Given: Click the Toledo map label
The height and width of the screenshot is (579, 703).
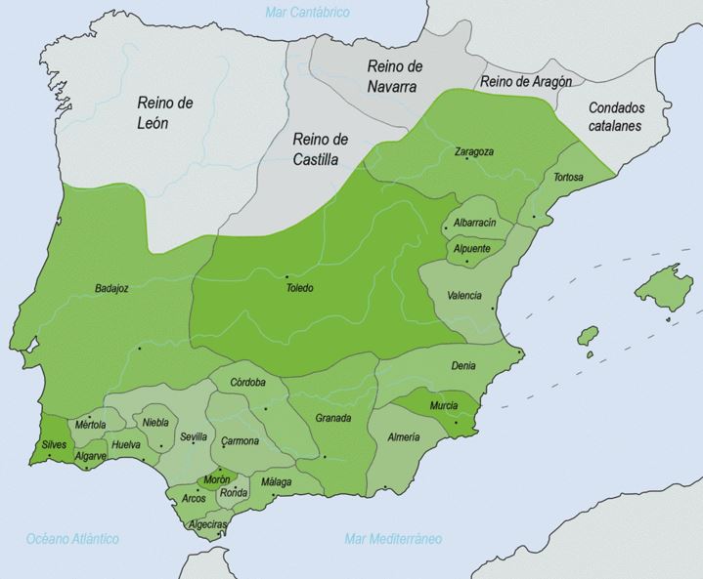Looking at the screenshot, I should click(x=301, y=288).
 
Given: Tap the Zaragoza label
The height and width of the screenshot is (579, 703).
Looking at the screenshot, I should click(x=473, y=152).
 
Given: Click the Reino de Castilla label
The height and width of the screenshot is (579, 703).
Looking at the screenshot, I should click(x=321, y=150).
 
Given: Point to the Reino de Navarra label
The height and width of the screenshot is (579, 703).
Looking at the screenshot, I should click(x=392, y=76).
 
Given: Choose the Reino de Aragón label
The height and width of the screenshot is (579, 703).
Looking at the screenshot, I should click(x=526, y=82).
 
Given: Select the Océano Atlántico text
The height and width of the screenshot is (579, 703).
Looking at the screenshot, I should click(x=73, y=539).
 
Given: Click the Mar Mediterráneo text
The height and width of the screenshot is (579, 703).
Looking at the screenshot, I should click(x=393, y=539).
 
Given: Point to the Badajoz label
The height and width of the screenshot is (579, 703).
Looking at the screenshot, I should click(x=113, y=288).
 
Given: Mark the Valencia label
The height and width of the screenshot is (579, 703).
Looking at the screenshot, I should click(x=463, y=295).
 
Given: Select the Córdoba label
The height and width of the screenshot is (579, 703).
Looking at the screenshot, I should click(x=248, y=382).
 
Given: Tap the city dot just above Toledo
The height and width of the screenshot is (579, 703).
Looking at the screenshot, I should click(x=286, y=276).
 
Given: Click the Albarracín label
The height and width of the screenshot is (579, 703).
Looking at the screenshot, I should click(x=475, y=223).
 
